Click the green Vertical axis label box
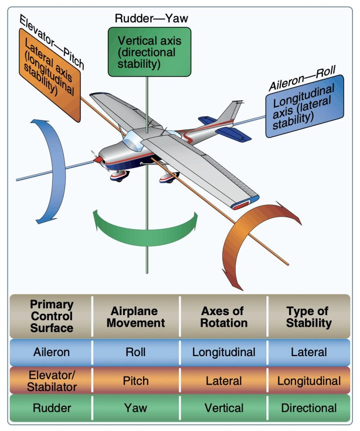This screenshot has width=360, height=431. (150, 52)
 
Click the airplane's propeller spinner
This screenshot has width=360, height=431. (96, 158)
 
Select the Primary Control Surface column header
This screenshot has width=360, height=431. (52, 316)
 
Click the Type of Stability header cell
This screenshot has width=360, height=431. (309, 316)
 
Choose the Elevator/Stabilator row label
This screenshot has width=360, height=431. (52, 381)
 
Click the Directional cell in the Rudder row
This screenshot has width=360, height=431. (309, 407)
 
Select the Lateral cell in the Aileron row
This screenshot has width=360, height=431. (309, 352)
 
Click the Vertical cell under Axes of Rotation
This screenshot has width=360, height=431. (224, 407)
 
